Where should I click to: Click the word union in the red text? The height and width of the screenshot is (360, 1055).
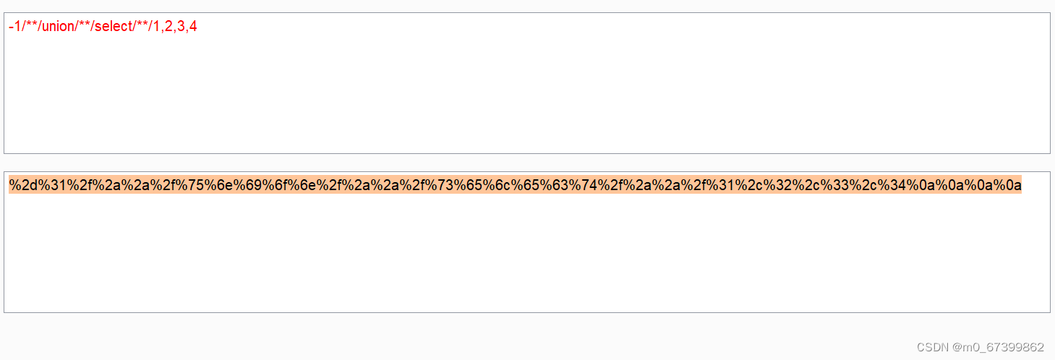click(x=59, y=27)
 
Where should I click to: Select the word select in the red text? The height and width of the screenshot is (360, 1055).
click(x=114, y=27)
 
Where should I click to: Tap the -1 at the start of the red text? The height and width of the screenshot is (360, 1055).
click(x=14, y=27)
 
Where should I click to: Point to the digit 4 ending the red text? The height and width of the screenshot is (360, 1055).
click(x=193, y=27)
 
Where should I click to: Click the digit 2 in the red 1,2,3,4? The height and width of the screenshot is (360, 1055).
click(x=168, y=27)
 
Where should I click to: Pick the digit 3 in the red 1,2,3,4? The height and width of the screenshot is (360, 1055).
click(x=181, y=27)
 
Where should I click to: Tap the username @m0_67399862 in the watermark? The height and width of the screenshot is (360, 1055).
click(x=999, y=347)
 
